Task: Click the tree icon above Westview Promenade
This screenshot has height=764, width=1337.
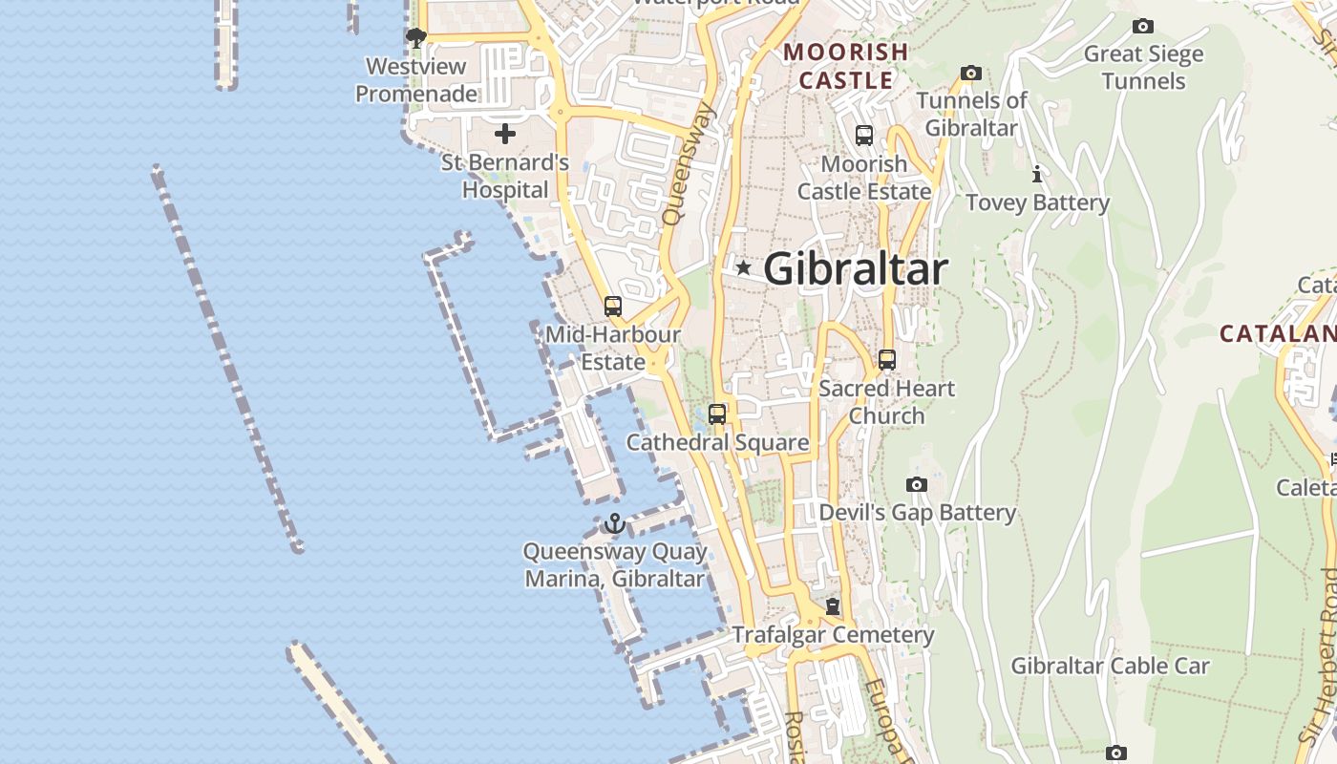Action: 415,38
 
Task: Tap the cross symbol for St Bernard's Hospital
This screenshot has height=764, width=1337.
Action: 505,134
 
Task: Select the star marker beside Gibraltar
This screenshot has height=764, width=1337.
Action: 743,268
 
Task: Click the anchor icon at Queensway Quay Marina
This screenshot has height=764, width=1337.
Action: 614,523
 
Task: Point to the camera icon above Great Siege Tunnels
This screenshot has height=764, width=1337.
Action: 1142,27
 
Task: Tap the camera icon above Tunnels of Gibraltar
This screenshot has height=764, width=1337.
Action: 971,74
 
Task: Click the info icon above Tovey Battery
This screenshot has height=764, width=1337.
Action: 1037,175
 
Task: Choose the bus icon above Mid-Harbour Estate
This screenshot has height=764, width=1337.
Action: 613,307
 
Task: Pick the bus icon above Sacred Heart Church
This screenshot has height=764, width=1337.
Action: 887,360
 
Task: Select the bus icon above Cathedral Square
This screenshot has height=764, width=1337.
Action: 717,414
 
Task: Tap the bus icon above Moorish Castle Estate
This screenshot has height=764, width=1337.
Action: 864,136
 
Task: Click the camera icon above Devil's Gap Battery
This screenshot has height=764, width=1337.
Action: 917,485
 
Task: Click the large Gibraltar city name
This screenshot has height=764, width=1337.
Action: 856,269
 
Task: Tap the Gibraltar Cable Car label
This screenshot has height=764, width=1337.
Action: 1110,666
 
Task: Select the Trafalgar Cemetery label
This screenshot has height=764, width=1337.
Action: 833,635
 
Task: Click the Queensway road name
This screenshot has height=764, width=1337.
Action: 689,163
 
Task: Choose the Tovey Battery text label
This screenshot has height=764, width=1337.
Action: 1037,202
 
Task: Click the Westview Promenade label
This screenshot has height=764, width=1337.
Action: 416,80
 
